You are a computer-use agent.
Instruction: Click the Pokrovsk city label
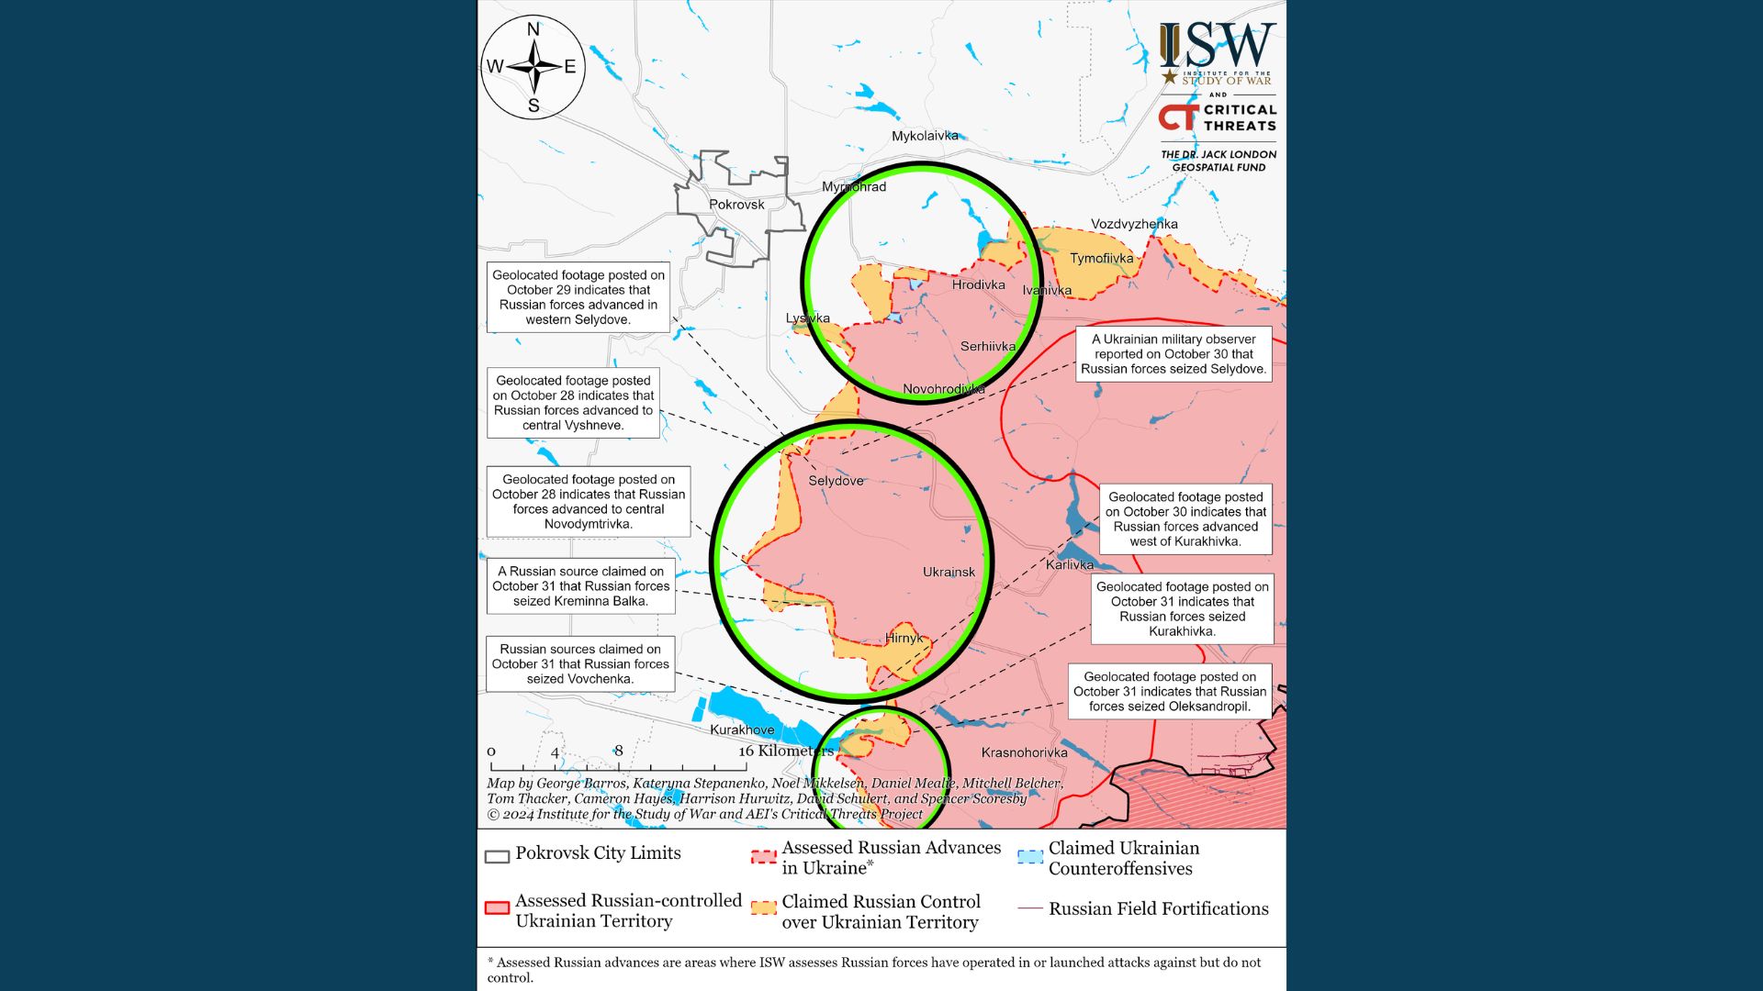coord(736,205)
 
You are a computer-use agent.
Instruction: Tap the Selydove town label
coord(836,481)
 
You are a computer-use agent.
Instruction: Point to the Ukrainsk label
coord(949,572)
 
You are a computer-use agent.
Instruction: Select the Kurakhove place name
coord(742,730)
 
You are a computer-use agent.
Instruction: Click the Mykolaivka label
coord(925,136)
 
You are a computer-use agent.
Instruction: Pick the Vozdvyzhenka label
coord(1134,224)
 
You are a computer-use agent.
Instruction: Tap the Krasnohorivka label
coord(1024,752)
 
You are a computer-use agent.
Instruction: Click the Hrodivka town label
coord(978,284)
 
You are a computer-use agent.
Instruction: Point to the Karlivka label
coord(1070,564)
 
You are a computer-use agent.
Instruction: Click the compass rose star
coord(533,67)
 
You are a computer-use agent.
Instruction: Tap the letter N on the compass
coord(533,29)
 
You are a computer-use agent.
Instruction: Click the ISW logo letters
coord(1218,46)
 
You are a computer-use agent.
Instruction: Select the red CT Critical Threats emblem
coord(1178,117)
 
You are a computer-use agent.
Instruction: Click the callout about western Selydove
coord(578,297)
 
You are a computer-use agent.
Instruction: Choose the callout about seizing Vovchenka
coord(580,664)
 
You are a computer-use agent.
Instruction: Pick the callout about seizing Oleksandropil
coord(1170,692)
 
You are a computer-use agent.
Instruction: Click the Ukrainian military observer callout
coord(1173,354)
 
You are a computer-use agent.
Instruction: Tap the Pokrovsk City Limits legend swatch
coord(497,856)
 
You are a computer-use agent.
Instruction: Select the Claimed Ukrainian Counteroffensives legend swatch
coord(1030,857)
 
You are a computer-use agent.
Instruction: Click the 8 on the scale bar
coord(619,751)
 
